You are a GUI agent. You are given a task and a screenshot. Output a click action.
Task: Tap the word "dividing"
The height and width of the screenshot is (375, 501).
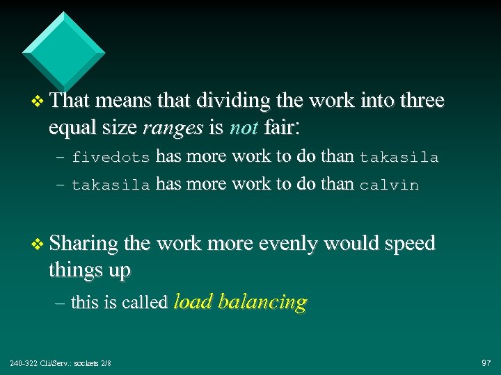[x=223, y=101]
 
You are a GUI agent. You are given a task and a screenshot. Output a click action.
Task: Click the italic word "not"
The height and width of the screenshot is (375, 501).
[x=244, y=127]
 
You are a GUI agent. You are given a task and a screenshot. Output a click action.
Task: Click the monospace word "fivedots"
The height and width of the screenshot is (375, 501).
[x=111, y=158]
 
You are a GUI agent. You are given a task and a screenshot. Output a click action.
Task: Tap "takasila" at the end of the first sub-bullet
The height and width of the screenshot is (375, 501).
[x=399, y=158]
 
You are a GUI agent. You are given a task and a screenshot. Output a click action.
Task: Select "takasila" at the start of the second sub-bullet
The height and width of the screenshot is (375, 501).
[x=111, y=185]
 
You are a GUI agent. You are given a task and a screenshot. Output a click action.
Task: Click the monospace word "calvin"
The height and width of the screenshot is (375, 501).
[x=389, y=185]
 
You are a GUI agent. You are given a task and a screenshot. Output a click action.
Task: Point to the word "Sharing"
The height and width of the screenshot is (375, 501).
[x=83, y=244]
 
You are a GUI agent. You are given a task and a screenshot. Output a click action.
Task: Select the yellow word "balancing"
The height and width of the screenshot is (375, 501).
[x=262, y=302]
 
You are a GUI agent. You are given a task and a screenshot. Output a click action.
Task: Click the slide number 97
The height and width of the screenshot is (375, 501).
[x=486, y=363]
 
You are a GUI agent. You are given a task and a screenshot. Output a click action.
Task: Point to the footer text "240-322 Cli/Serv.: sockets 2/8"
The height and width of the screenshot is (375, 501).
[x=61, y=363]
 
